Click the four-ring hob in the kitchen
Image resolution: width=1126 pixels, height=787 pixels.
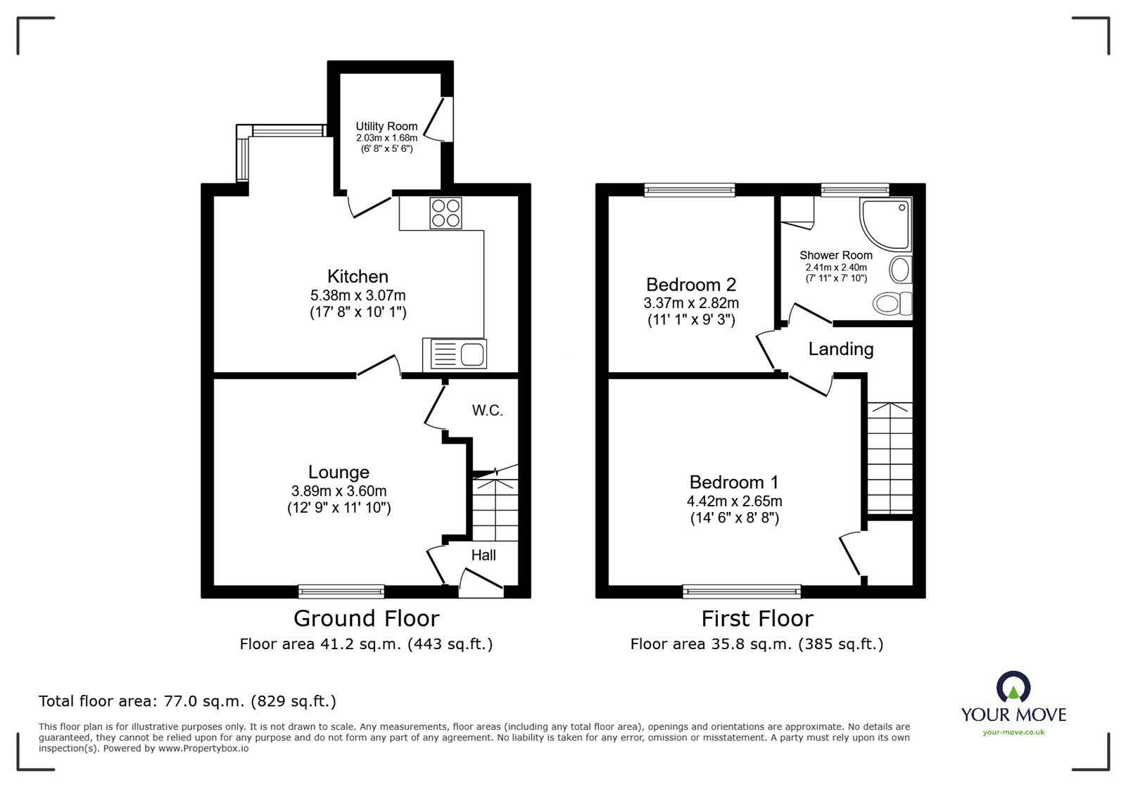(x=446, y=213)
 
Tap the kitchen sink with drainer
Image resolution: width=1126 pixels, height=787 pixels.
(x=455, y=354)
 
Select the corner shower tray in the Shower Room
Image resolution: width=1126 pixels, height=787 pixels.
(x=886, y=224)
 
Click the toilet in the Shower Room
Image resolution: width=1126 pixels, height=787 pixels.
(x=892, y=304)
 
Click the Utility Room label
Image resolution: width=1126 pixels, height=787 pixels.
(x=386, y=127)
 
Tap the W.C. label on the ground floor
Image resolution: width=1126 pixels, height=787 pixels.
(x=487, y=411)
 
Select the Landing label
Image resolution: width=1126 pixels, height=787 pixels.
(x=840, y=349)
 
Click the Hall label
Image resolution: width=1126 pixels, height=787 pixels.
(x=483, y=555)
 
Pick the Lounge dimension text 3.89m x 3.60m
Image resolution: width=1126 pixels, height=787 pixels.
(x=339, y=491)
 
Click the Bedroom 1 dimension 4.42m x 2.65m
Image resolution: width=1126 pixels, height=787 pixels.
(x=734, y=501)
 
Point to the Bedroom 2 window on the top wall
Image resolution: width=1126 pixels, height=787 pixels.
(x=690, y=188)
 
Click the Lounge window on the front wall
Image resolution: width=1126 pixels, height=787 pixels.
(x=341, y=591)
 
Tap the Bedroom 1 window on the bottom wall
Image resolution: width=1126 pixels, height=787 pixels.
(x=742, y=591)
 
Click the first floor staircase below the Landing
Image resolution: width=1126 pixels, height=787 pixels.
(x=890, y=457)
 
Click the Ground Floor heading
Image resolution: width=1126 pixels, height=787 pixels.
(x=366, y=618)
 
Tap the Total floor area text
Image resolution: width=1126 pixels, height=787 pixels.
(x=187, y=700)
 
